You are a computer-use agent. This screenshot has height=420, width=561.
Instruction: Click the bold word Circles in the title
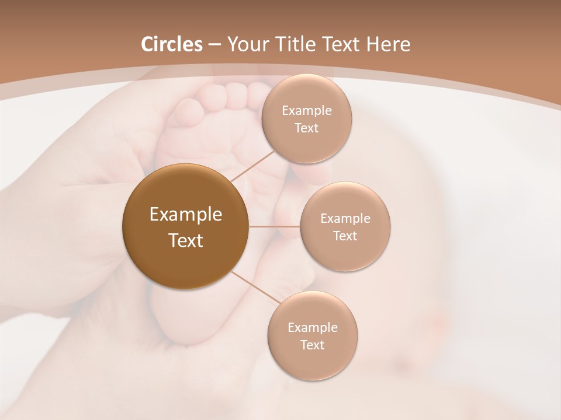(x=171, y=44)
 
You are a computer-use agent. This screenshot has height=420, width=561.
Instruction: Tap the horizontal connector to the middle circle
(x=275, y=226)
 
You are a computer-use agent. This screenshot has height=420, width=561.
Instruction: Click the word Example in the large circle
(x=186, y=215)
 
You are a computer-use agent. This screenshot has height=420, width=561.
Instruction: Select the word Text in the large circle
(x=186, y=240)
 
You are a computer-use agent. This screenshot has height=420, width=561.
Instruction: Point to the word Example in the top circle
(x=306, y=110)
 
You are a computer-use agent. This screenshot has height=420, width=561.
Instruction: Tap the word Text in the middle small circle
(x=345, y=236)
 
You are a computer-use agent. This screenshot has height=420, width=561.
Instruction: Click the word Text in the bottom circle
(x=312, y=345)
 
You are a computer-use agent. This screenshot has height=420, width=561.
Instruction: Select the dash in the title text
(x=214, y=45)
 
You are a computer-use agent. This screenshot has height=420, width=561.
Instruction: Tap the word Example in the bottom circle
(x=312, y=327)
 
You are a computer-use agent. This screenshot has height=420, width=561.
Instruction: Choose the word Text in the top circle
(x=306, y=128)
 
